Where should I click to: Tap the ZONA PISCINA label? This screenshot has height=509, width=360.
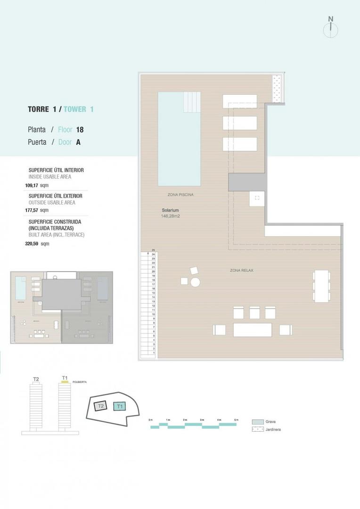pyautogui.click(x=180, y=194)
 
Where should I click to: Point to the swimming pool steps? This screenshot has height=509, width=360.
pyautogui.click(x=192, y=100)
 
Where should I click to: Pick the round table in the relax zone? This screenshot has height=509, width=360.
pyautogui.click(x=195, y=282)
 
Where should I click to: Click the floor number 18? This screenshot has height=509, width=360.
pyautogui.click(x=80, y=129)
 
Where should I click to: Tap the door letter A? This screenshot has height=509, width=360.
pyautogui.click(x=78, y=142)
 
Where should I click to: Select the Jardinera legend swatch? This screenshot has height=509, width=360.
pyautogui.click(x=257, y=429)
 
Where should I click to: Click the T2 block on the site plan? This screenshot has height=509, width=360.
pyautogui.click(x=101, y=406)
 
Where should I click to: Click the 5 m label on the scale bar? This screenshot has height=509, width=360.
pyautogui.click(x=236, y=419)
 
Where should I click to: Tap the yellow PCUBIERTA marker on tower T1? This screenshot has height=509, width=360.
pyautogui.click(x=65, y=382)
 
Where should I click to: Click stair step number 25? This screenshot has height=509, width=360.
pyautogui.click(x=154, y=250)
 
